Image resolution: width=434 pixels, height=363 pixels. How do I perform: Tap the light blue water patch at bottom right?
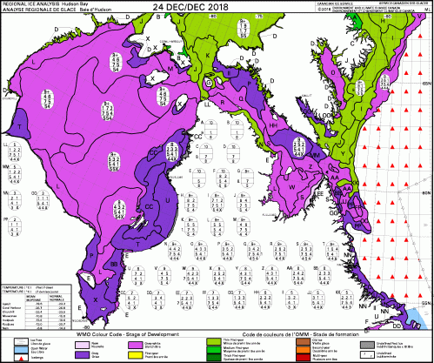[417, 314]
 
